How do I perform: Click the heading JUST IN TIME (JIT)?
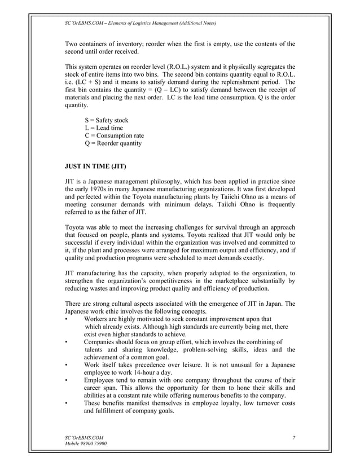95,167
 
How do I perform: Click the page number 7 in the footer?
294,438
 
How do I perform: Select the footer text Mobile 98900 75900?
87,445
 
